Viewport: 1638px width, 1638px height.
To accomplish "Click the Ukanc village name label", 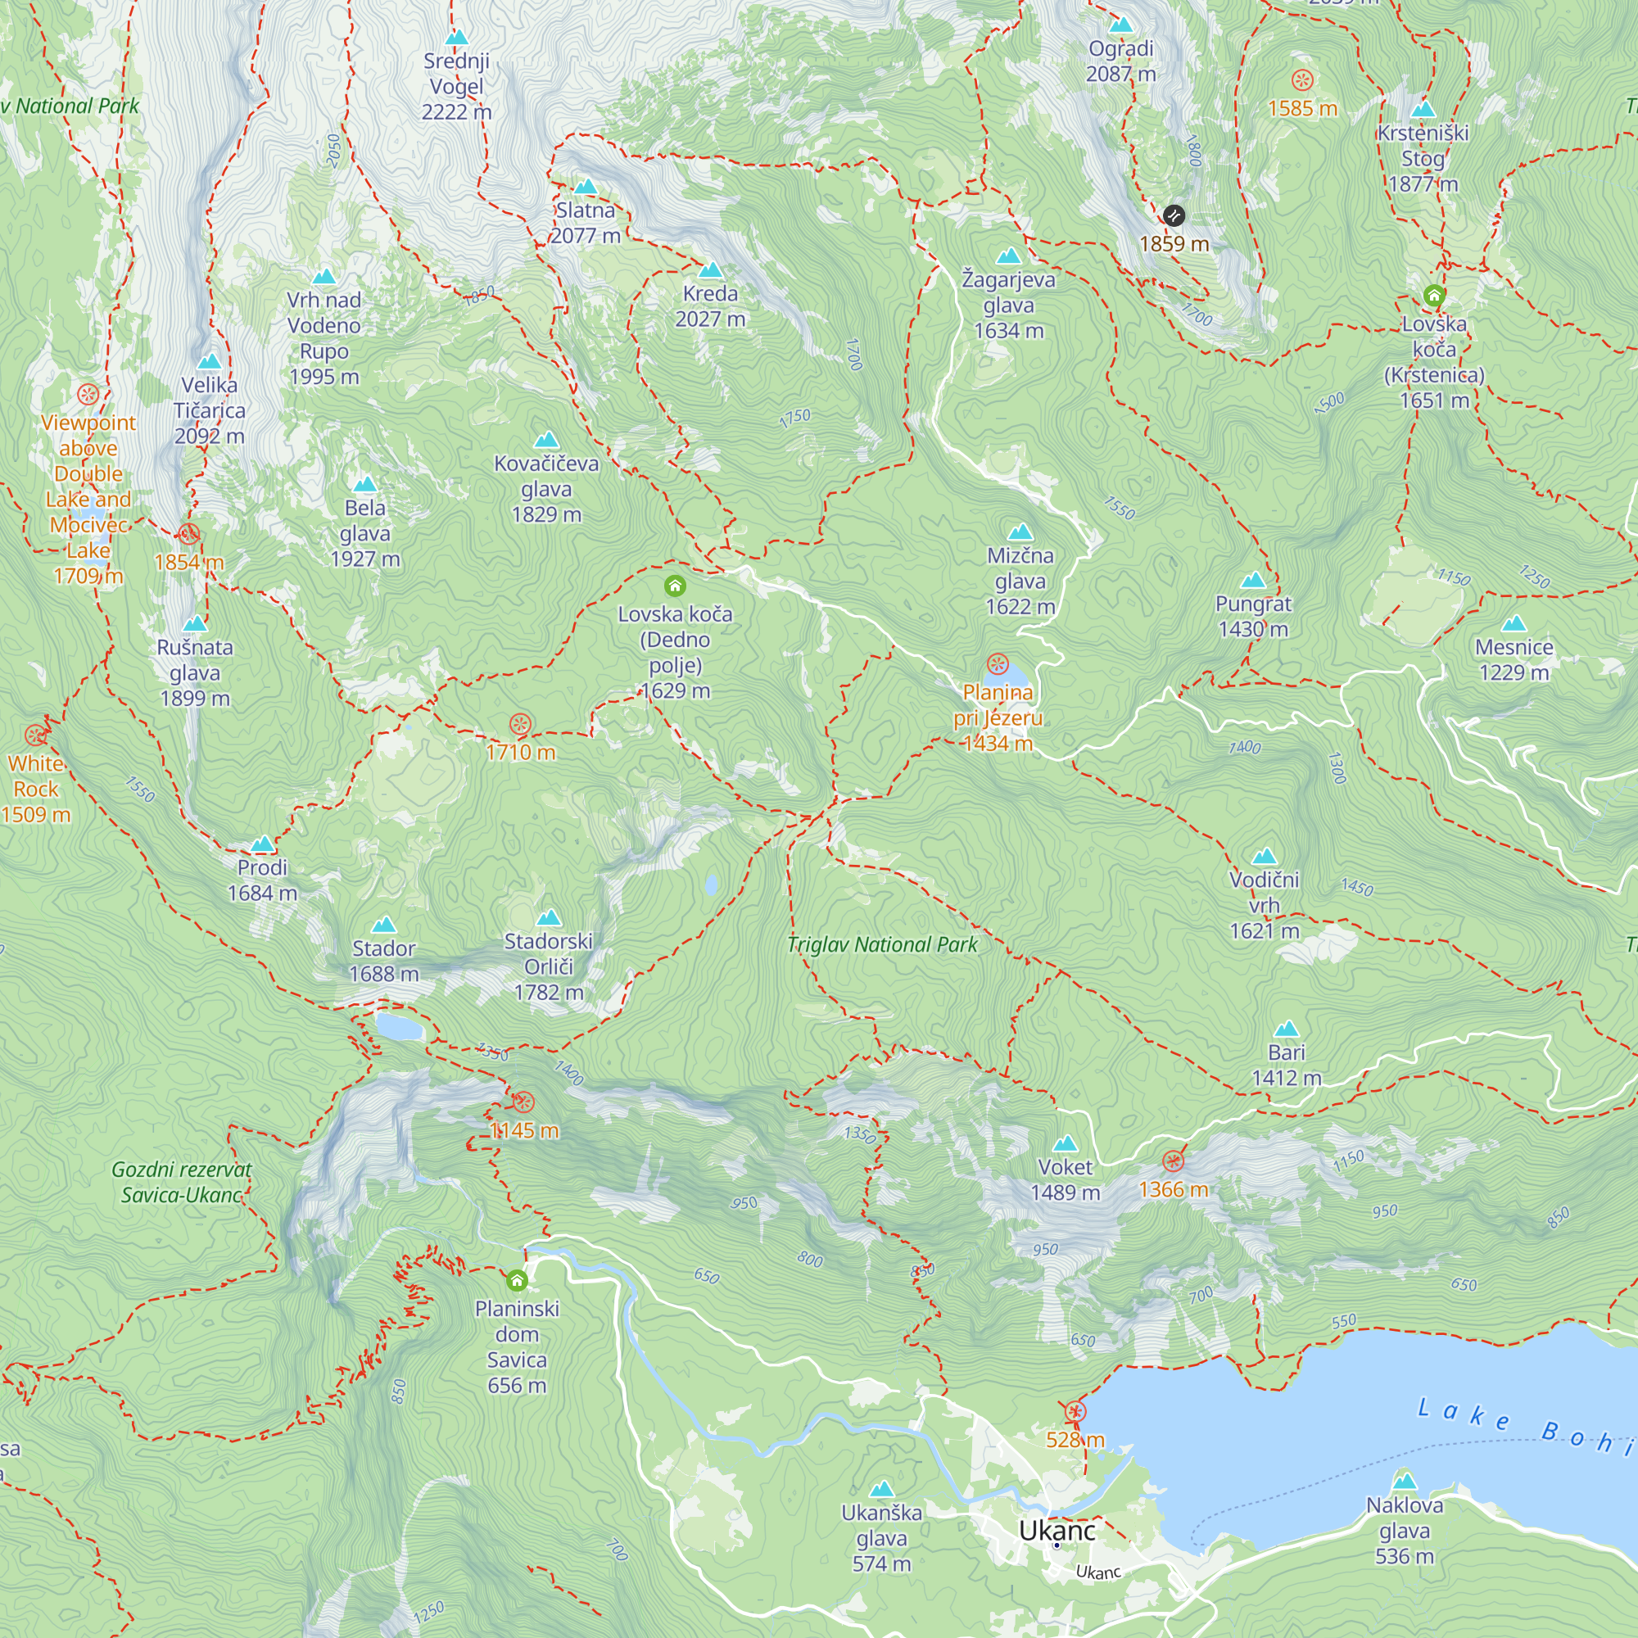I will [x=1057, y=1531].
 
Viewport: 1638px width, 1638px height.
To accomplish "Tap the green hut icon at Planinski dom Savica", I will [x=516, y=1280].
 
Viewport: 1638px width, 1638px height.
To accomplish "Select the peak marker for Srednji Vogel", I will [x=456, y=38].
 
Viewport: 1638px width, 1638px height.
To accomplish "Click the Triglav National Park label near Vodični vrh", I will [x=882, y=944].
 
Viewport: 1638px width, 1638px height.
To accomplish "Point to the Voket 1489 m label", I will [x=1065, y=1179].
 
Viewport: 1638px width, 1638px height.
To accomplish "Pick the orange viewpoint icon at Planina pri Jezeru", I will [x=998, y=663].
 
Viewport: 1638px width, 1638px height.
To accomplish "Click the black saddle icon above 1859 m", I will [x=1174, y=215].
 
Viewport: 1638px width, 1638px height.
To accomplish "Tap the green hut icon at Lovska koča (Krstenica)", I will [x=1434, y=295].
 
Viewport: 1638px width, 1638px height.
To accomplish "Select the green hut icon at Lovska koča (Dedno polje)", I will [x=675, y=586].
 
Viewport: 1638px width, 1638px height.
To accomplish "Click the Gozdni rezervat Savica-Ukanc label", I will [x=182, y=1182].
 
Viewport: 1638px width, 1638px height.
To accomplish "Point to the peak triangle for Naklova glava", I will [x=1405, y=1481].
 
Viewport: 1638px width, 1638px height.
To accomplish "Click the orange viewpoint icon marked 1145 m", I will [x=523, y=1103].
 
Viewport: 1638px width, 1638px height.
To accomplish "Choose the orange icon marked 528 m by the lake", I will [x=1075, y=1412].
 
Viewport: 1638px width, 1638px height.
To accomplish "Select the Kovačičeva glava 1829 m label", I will [x=546, y=488].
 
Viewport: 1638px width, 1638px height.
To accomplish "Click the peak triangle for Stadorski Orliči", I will [x=549, y=918].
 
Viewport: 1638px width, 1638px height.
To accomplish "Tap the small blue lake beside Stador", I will [x=399, y=1027].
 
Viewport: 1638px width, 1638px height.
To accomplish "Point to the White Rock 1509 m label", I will [x=35, y=789].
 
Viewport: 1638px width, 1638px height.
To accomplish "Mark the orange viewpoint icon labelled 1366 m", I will [x=1174, y=1161].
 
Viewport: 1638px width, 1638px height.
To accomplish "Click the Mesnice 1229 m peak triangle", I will [x=1514, y=625].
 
